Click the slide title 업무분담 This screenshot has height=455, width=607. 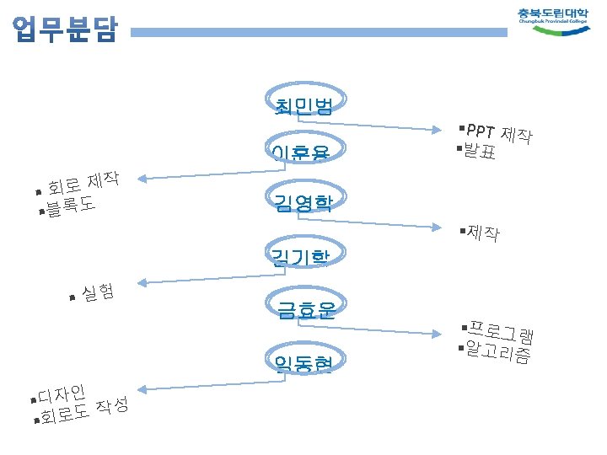coord(66,32)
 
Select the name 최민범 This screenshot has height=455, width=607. coord(303,105)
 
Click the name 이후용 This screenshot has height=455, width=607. coord(300,153)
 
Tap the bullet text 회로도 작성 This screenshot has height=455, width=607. coord(84,410)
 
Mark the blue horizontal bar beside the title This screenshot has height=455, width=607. coord(320,33)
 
